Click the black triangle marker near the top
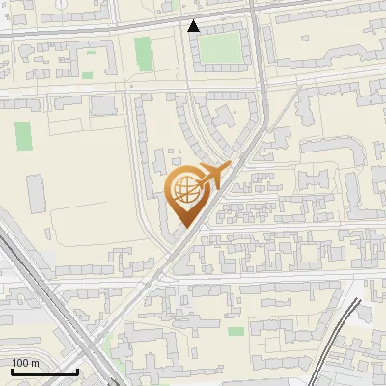194,26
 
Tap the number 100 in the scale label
21,363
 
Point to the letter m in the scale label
35,363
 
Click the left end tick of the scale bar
12,371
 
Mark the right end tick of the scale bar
76,371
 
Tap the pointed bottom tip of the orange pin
185,228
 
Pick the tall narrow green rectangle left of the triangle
144,53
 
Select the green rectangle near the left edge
22,134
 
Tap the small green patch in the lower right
235,331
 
